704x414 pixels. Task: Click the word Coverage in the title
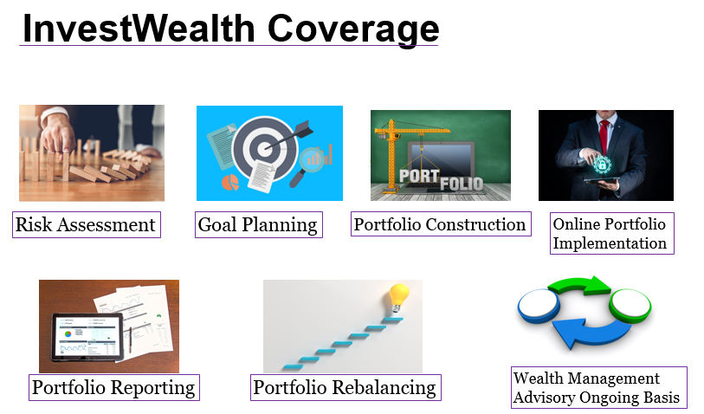click(x=353, y=29)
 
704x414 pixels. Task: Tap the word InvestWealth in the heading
click(x=139, y=29)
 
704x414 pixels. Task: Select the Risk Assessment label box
click(x=87, y=224)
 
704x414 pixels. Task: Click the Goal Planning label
click(x=259, y=224)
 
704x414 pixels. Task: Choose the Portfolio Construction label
click(x=441, y=224)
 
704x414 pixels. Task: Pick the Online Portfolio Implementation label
click(x=612, y=234)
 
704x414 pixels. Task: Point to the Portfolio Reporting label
click(x=114, y=387)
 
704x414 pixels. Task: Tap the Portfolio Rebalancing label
click(x=346, y=387)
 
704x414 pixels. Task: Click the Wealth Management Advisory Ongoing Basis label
click(x=599, y=387)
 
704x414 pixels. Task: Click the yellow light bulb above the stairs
click(x=398, y=297)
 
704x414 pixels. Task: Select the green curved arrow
click(x=580, y=285)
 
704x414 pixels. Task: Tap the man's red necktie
click(x=604, y=137)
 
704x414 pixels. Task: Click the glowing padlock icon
click(x=602, y=165)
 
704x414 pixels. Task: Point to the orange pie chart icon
click(x=230, y=183)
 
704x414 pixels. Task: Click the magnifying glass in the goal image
click(x=307, y=165)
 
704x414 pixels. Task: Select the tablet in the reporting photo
click(x=87, y=337)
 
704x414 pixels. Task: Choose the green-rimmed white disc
click(x=630, y=306)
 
